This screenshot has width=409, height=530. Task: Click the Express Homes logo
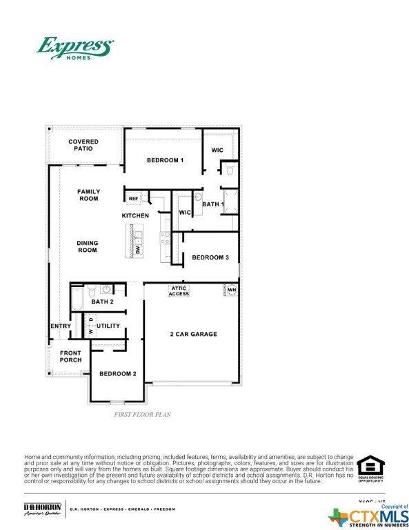74,49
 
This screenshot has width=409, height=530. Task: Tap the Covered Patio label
83,145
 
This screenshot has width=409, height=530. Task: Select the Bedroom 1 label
165,160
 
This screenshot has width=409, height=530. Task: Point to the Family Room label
88,195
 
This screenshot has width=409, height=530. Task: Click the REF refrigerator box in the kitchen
134,198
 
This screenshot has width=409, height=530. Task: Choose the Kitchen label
135,216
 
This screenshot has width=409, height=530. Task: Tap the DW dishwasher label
138,251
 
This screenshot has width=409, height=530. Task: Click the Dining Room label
86,246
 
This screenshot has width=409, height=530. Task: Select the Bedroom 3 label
209,257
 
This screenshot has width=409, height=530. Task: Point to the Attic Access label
179,291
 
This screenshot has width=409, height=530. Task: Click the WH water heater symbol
231,290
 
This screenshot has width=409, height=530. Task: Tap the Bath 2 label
102,302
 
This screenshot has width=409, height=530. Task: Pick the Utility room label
108,326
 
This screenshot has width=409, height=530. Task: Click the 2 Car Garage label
194,334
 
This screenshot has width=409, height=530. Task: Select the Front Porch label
71,357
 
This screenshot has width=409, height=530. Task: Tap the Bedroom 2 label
117,373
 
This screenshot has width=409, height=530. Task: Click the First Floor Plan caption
142,415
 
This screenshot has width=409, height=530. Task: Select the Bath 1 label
213,204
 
